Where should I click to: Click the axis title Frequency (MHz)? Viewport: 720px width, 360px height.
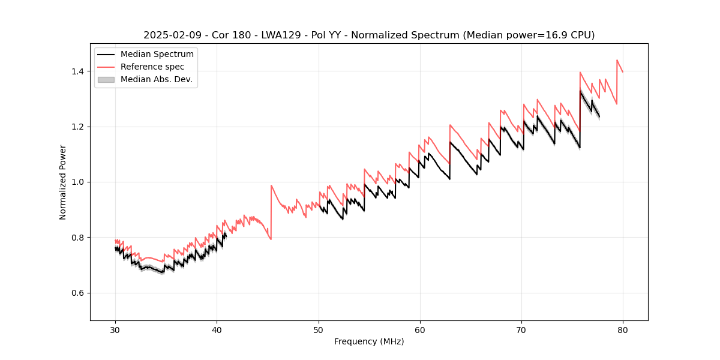369,341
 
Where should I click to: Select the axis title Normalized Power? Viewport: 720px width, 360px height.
63,182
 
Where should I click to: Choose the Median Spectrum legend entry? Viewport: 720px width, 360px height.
157,55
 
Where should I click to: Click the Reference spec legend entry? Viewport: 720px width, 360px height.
152,67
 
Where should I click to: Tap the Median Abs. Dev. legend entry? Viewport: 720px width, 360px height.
156,79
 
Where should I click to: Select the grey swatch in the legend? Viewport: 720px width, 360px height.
106,79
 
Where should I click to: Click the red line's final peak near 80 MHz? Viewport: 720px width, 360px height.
617,60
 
